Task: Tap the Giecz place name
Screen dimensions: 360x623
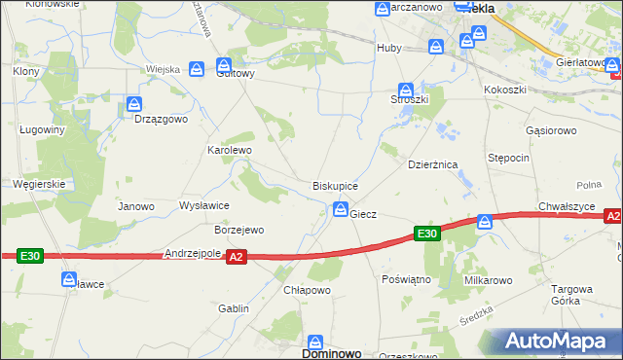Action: (x=363, y=213)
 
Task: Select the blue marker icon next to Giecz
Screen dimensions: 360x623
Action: (x=341, y=208)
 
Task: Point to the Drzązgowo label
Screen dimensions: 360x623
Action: (x=161, y=119)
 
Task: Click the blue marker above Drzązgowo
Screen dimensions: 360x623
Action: (x=135, y=103)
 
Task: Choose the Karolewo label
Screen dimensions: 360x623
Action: (x=230, y=151)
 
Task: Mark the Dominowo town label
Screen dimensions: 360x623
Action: (x=315, y=354)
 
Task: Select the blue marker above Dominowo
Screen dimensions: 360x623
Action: (x=315, y=342)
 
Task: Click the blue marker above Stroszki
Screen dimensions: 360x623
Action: (x=407, y=90)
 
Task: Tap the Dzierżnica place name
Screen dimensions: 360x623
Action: (x=433, y=165)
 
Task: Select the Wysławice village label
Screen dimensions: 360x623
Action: (x=204, y=206)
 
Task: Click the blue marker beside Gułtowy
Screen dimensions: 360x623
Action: (x=197, y=68)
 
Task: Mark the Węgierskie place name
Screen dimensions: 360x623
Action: (x=38, y=183)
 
